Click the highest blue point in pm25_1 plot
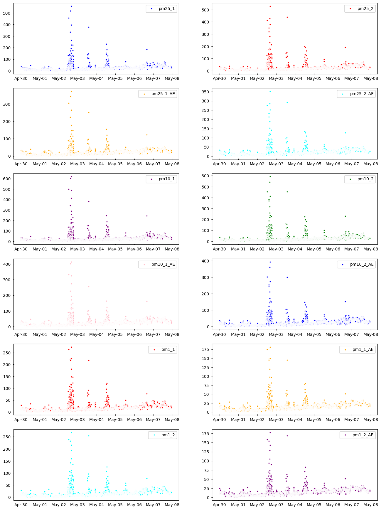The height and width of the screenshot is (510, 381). click(71, 6)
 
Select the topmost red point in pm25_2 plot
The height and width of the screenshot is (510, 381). click(270, 6)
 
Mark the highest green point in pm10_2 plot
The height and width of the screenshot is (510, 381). click(270, 176)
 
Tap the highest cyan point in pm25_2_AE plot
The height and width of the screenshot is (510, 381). click(270, 91)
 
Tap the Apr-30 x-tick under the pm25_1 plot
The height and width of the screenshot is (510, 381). click(21, 78)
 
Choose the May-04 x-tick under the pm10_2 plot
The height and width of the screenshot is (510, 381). click(295, 249)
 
